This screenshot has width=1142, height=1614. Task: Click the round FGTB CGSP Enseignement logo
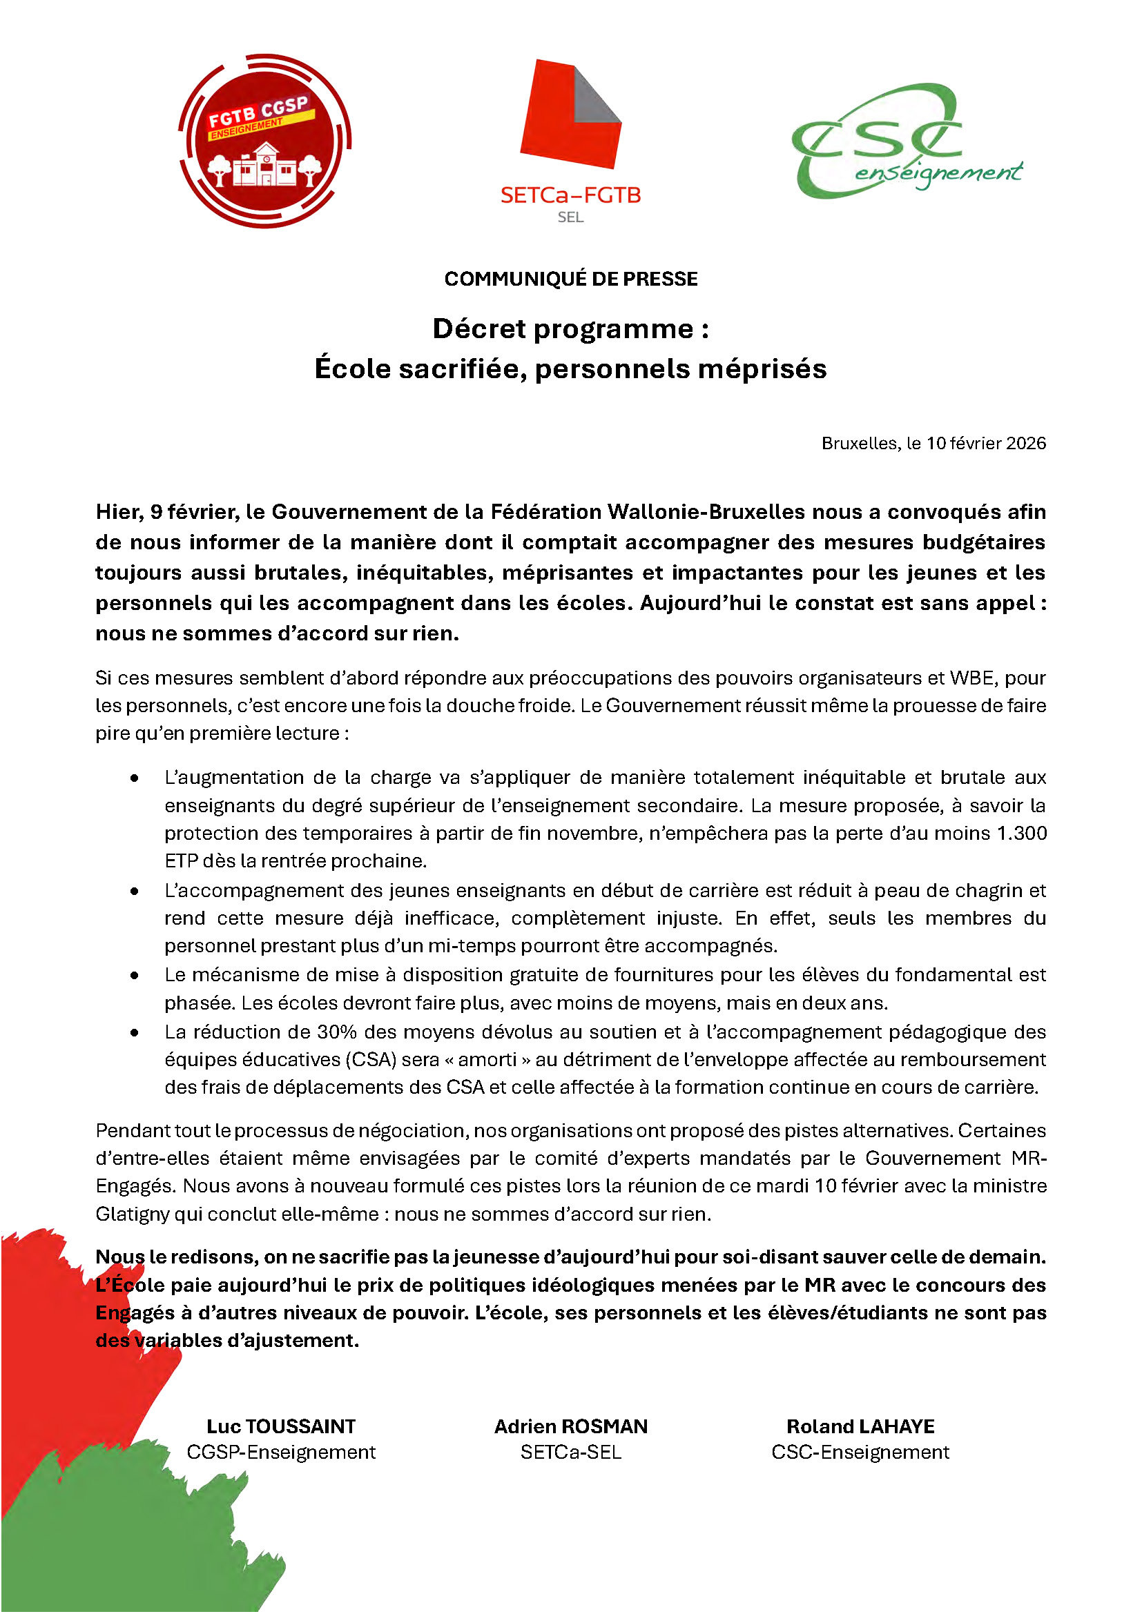(x=264, y=141)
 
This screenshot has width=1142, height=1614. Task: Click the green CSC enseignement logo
(x=906, y=141)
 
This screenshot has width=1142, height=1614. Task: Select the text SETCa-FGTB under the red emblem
(x=570, y=195)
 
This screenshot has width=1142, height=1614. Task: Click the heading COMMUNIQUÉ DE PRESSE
(x=570, y=279)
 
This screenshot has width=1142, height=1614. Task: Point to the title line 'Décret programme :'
(x=570, y=329)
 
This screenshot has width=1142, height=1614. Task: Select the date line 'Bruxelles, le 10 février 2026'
(x=933, y=444)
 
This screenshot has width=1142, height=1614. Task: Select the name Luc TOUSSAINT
(x=280, y=1426)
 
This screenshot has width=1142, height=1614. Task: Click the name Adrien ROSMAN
(x=570, y=1426)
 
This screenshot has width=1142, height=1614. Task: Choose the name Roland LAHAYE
(x=860, y=1426)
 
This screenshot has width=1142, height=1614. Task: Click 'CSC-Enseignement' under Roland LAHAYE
(x=860, y=1453)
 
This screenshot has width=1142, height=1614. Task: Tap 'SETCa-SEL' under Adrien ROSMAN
(x=570, y=1453)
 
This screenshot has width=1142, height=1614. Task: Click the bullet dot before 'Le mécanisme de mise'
(x=135, y=976)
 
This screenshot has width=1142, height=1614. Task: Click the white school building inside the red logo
(x=265, y=166)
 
